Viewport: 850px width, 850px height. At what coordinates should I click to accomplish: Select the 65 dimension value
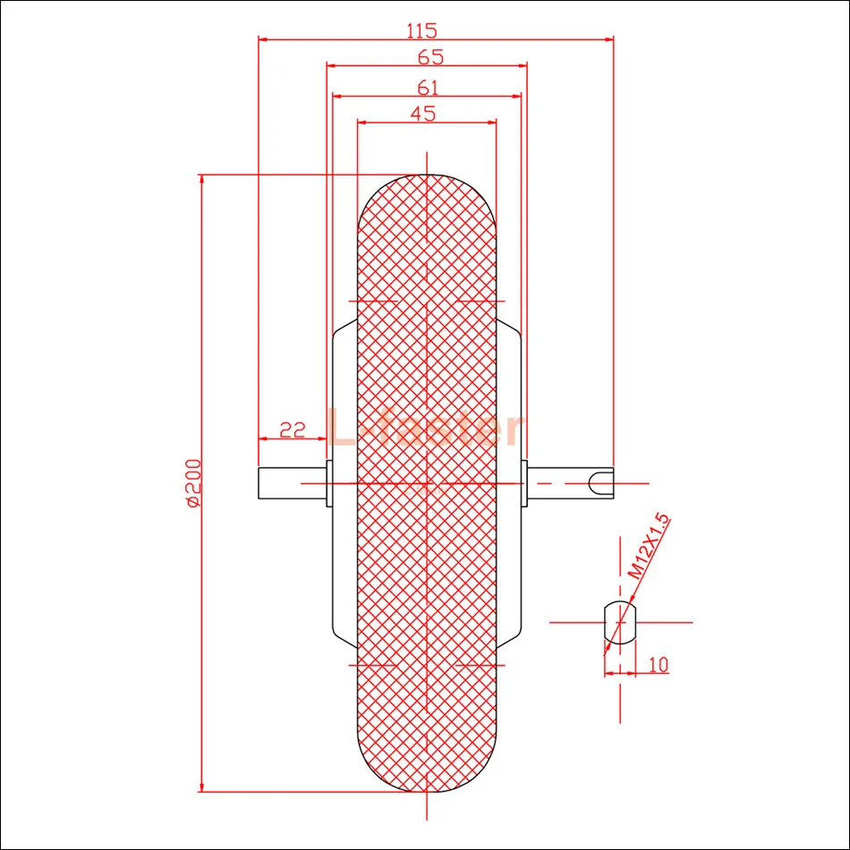(429, 57)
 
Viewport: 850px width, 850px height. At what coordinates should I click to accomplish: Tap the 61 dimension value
(428, 87)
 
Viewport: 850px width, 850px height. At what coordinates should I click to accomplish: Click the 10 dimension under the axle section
(658, 664)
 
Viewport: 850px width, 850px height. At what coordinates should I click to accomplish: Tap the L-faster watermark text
(423, 428)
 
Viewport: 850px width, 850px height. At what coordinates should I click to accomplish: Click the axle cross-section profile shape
(619, 621)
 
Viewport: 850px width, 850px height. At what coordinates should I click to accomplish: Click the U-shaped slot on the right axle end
(600, 483)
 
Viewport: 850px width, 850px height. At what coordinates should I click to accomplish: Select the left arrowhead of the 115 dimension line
(263, 38)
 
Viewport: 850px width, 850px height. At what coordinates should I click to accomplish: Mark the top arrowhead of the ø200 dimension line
(202, 179)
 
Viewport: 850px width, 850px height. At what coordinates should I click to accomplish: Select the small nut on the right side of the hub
(524, 483)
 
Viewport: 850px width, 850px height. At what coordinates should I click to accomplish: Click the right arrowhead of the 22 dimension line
(322, 438)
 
